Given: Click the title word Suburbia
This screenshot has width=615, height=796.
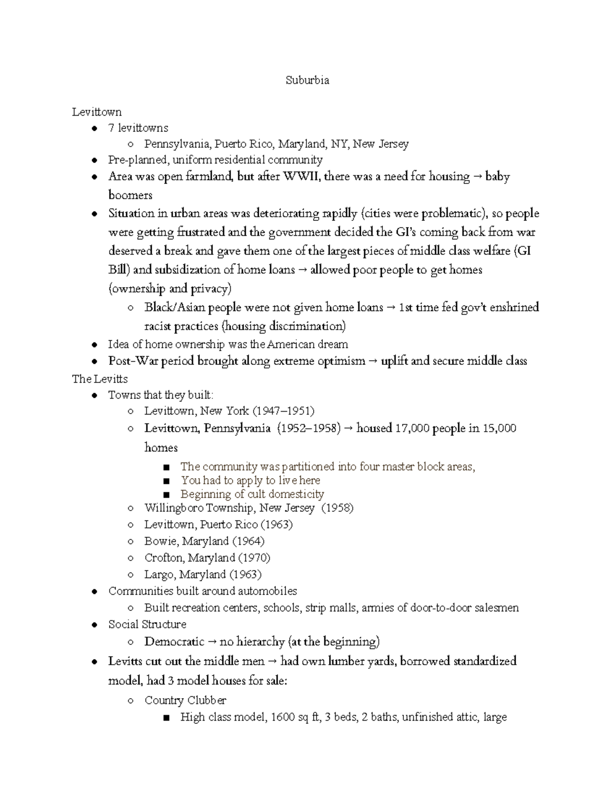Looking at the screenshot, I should coord(307,80).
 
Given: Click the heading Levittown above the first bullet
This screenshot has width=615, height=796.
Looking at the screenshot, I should coord(97,112).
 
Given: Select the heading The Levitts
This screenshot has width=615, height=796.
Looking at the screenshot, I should coord(100,379).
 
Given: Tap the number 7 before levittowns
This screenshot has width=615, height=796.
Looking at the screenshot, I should coord(111,128).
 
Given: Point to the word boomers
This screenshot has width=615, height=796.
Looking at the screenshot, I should coord(130,195).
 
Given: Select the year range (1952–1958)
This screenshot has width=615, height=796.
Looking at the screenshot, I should coord(309,428).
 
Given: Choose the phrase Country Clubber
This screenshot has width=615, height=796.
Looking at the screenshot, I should coord(185,700).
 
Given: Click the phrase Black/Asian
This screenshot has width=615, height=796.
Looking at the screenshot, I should coord(175,308).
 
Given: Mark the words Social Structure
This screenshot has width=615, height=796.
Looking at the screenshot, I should coord(147,624).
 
